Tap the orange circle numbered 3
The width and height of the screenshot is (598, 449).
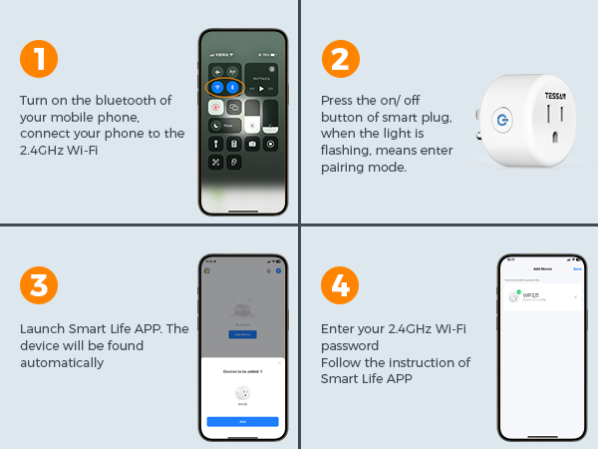(39, 284)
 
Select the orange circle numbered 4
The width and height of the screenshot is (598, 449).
(340, 284)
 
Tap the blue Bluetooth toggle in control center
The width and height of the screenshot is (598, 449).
(231, 87)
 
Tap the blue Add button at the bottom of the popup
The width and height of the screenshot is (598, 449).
(242, 422)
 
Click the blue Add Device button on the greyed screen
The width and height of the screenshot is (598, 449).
(242, 333)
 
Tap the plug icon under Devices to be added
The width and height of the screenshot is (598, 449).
(242, 393)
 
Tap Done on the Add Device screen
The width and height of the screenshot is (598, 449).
(577, 268)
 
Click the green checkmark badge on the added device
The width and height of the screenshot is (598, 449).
(518, 291)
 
